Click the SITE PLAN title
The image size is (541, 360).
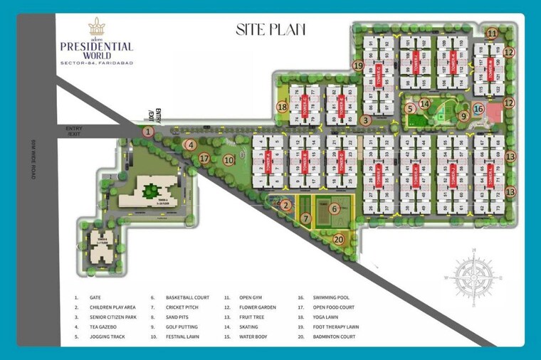[270, 29]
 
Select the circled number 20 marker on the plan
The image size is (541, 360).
[339, 240]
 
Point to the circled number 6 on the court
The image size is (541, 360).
[335, 208]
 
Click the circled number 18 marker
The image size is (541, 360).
[283, 107]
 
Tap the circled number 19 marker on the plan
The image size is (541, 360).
[358, 65]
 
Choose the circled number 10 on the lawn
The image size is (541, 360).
[229, 160]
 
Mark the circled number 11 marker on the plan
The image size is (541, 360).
[493, 33]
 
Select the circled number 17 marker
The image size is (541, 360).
[205, 158]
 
